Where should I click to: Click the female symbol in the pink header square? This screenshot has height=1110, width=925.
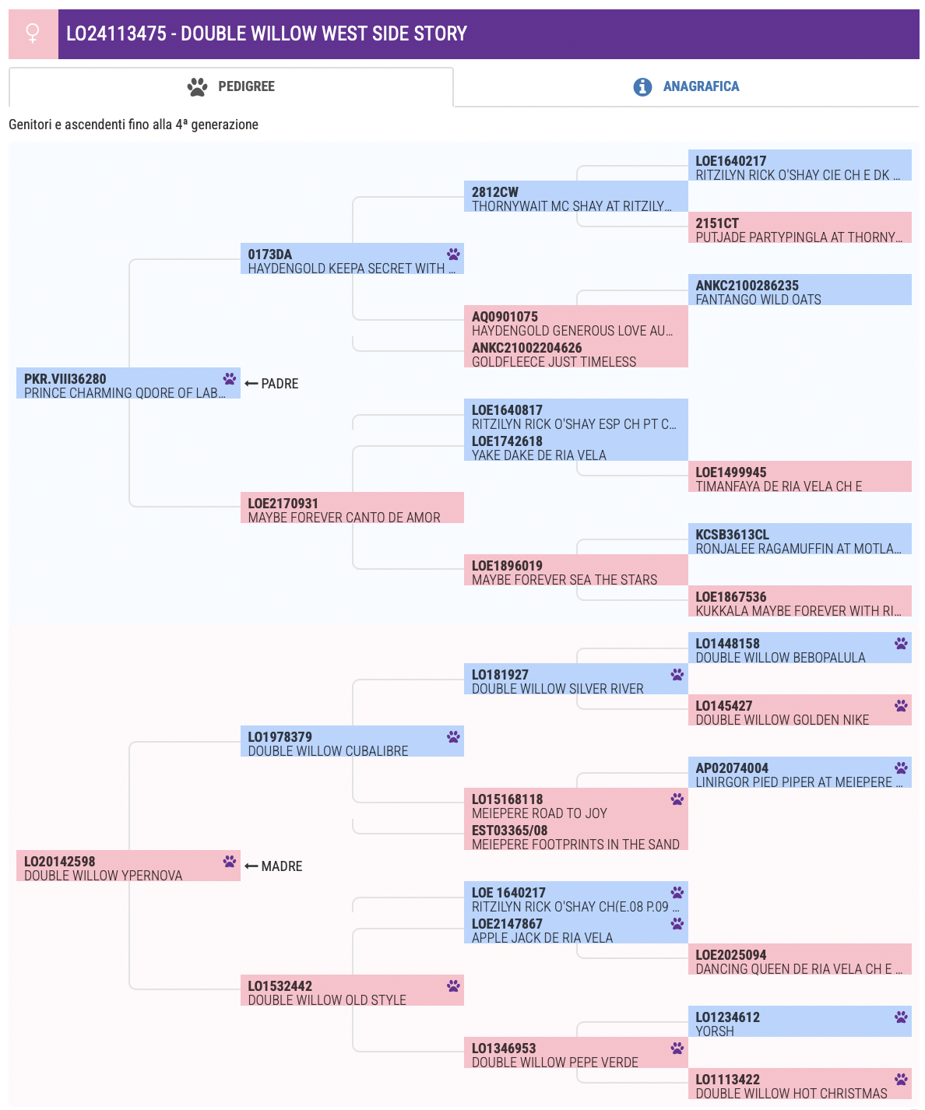(33, 33)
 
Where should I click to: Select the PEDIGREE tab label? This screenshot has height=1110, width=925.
(246, 86)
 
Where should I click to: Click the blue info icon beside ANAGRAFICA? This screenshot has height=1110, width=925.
(642, 86)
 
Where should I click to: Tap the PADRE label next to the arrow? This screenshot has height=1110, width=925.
(280, 383)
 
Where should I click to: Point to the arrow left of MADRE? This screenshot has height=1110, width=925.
(251, 866)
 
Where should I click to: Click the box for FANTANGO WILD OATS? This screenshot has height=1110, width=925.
(800, 290)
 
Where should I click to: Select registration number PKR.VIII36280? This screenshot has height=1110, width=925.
(65, 379)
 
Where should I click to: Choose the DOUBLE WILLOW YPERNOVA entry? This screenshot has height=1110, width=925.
(128, 866)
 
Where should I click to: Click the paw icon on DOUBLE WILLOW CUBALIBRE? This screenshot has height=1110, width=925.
(453, 736)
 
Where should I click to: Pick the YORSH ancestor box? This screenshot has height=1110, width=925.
(800, 1021)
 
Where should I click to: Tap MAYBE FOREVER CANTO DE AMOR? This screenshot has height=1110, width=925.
(344, 518)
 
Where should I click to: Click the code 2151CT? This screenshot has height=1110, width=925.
(717, 223)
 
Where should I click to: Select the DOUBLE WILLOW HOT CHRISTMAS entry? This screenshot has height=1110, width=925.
(800, 1084)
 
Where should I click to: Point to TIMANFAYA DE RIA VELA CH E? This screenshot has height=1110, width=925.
(779, 487)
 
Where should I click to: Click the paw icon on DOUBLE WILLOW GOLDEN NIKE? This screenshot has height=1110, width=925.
(901, 705)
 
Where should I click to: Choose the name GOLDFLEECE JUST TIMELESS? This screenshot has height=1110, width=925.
(554, 362)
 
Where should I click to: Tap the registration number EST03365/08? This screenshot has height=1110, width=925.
(509, 831)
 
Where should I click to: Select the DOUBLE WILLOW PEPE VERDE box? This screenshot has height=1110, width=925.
(576, 1052)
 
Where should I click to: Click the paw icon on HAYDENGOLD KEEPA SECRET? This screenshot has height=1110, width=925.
(453, 254)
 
